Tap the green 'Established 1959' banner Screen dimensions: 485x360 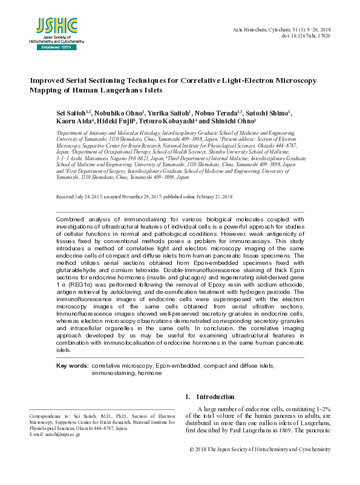pyautogui.click(x=56, y=47)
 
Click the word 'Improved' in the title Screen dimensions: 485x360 pyautogui.click(x=50, y=80)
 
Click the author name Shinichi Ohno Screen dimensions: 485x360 pyautogui.click(x=232, y=122)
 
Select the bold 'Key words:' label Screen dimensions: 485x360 pyautogui.click(x=72, y=366)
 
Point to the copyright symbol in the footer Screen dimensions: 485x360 pyautogui.click(x=192, y=449)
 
